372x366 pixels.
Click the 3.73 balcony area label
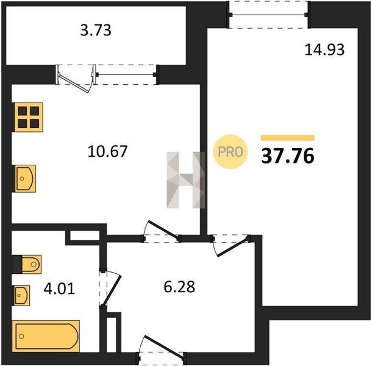click(x=96, y=30)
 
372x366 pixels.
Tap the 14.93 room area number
click(x=324, y=50)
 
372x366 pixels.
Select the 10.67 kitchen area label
click(x=107, y=151)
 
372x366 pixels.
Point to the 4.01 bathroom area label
click(x=59, y=289)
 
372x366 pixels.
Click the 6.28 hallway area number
click(x=179, y=287)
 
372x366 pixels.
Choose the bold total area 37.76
click(x=288, y=156)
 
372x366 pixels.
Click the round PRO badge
click(x=230, y=152)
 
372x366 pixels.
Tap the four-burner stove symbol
click(x=29, y=117)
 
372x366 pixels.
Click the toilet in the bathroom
click(x=32, y=264)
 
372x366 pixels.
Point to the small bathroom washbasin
click(x=22, y=295)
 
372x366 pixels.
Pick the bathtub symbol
click(x=46, y=336)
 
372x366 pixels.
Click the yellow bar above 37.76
click(x=288, y=138)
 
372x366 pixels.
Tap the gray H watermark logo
click(x=185, y=180)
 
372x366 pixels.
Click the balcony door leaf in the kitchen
click(x=75, y=83)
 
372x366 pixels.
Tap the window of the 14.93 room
click(x=268, y=15)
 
